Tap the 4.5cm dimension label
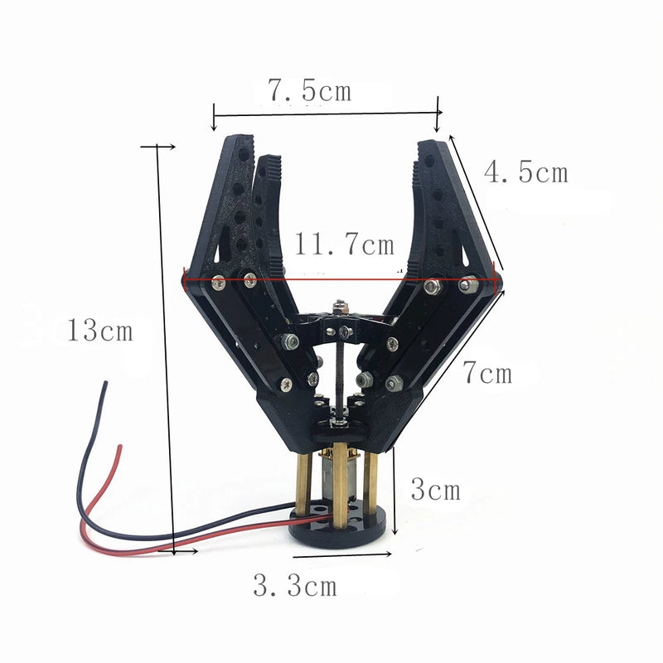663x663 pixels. (x=526, y=173)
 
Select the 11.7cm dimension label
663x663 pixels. (x=345, y=244)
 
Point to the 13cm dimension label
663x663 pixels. (x=100, y=331)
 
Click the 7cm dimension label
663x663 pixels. (x=487, y=374)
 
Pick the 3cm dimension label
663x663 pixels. (x=435, y=490)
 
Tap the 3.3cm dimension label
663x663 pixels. (x=296, y=587)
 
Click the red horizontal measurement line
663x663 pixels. (x=340, y=279)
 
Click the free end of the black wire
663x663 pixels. (x=105, y=383)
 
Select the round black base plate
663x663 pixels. (x=341, y=530)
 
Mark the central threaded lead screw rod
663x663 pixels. (x=337, y=373)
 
